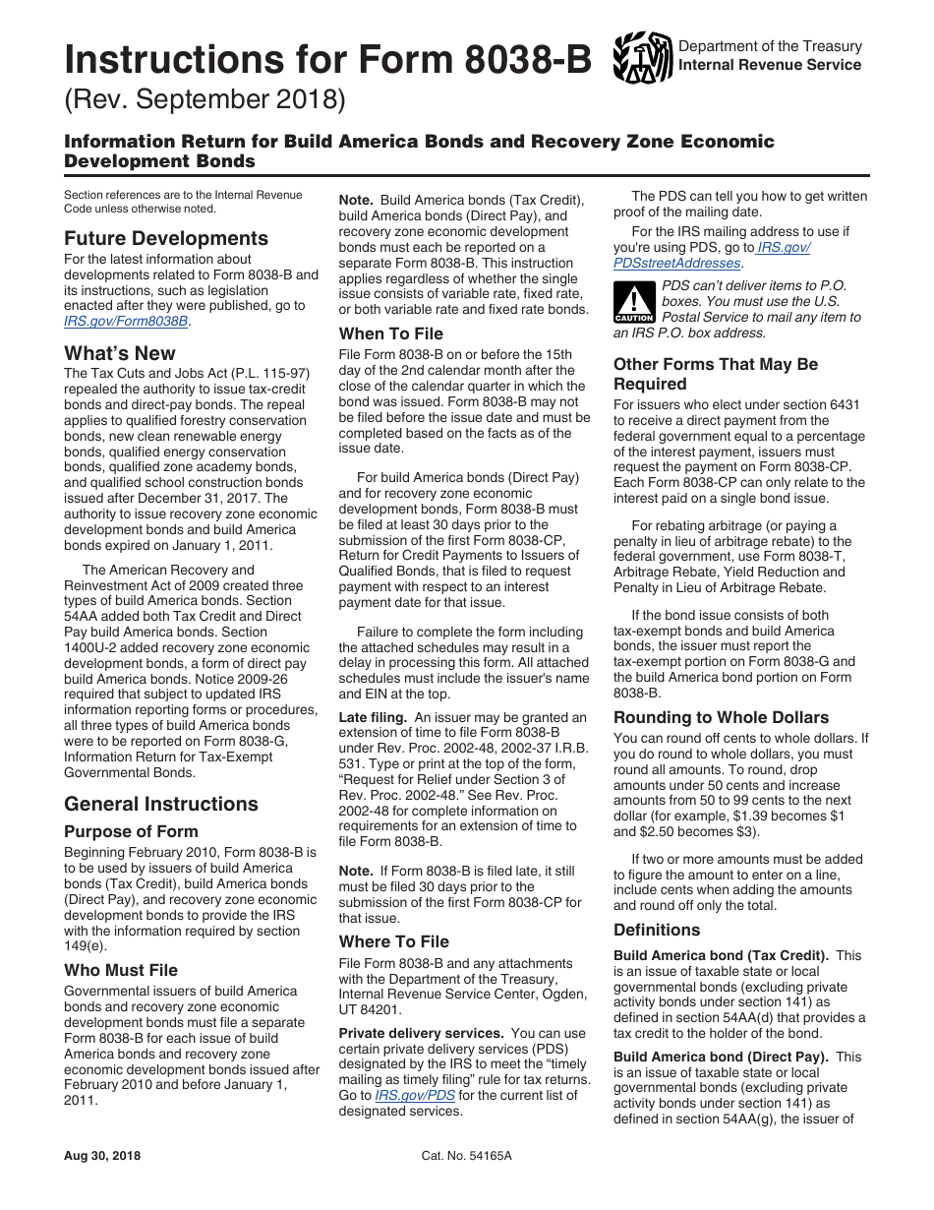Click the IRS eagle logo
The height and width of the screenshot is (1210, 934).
(642, 56)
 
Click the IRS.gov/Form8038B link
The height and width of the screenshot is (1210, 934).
(127, 322)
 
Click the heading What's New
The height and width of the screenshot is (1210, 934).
(120, 353)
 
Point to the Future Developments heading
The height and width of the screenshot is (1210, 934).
(165, 238)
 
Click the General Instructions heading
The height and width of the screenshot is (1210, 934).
(161, 804)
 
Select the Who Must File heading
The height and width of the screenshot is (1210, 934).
(121, 970)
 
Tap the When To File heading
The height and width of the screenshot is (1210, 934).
(391, 333)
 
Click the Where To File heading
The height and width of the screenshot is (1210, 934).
(394, 941)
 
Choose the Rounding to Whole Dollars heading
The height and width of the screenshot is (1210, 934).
(721, 717)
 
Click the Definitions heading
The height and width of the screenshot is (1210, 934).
(657, 930)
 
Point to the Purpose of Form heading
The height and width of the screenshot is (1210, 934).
(131, 831)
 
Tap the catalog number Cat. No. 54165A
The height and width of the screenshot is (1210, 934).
(466, 1156)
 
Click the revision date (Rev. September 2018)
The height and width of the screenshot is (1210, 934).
(205, 99)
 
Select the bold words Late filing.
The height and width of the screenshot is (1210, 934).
(373, 717)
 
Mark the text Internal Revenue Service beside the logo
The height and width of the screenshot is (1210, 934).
(770, 65)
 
